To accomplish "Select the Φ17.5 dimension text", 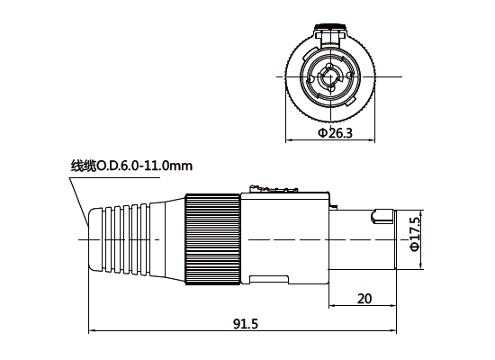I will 414,233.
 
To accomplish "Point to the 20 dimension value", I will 364,299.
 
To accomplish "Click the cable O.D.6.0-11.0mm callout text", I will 131,166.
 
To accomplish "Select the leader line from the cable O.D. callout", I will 79,193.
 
